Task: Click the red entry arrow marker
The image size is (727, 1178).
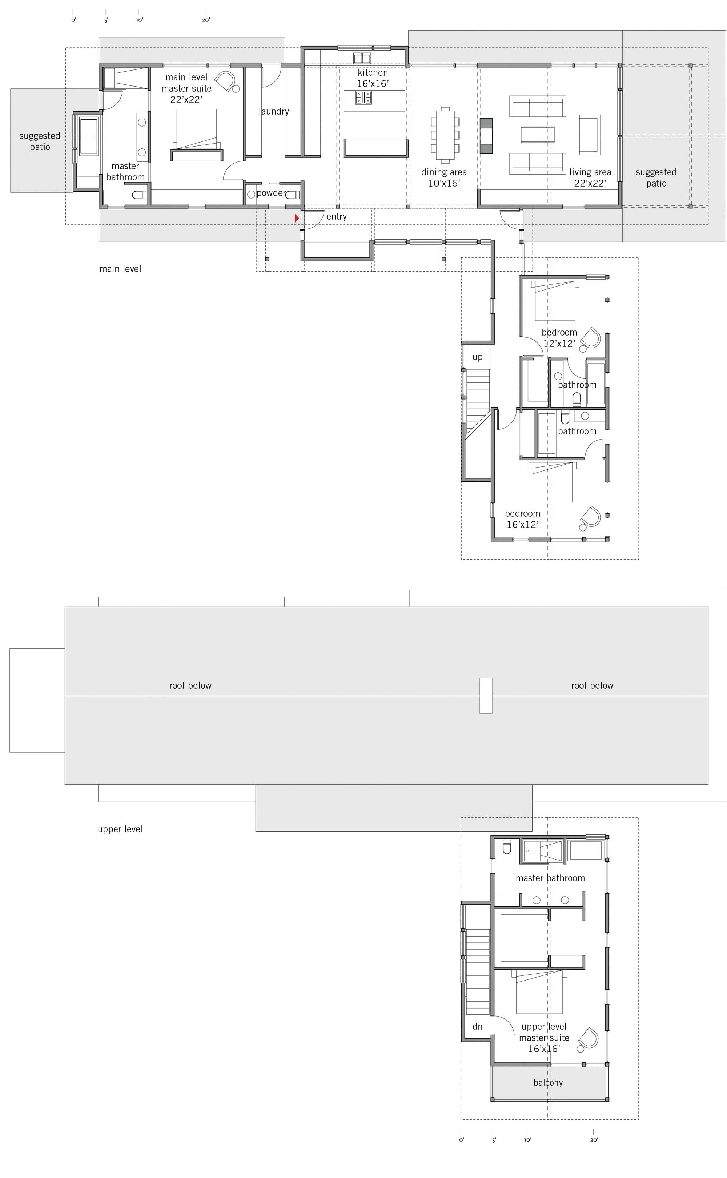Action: click(x=297, y=218)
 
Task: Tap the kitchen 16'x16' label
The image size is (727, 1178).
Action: click(x=373, y=78)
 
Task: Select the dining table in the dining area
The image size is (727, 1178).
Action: click(x=445, y=135)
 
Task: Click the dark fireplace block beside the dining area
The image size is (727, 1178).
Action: click(x=486, y=136)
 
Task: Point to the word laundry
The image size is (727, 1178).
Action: click(x=274, y=112)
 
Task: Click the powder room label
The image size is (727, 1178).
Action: click(x=271, y=193)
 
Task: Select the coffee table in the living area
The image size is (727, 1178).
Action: click(x=537, y=135)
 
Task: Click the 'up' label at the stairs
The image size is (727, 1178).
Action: click(x=477, y=357)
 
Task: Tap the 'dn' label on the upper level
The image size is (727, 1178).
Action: click(x=477, y=1026)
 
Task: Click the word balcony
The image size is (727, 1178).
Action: click(x=548, y=1082)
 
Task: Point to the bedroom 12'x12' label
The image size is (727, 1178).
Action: click(x=559, y=337)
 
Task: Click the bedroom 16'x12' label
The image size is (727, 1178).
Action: click(x=522, y=519)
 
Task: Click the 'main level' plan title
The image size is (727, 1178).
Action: click(x=120, y=269)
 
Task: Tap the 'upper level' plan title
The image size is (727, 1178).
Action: click(x=120, y=829)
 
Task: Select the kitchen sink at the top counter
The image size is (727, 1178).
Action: click(x=362, y=58)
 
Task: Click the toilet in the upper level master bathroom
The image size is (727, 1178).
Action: click(x=506, y=847)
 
